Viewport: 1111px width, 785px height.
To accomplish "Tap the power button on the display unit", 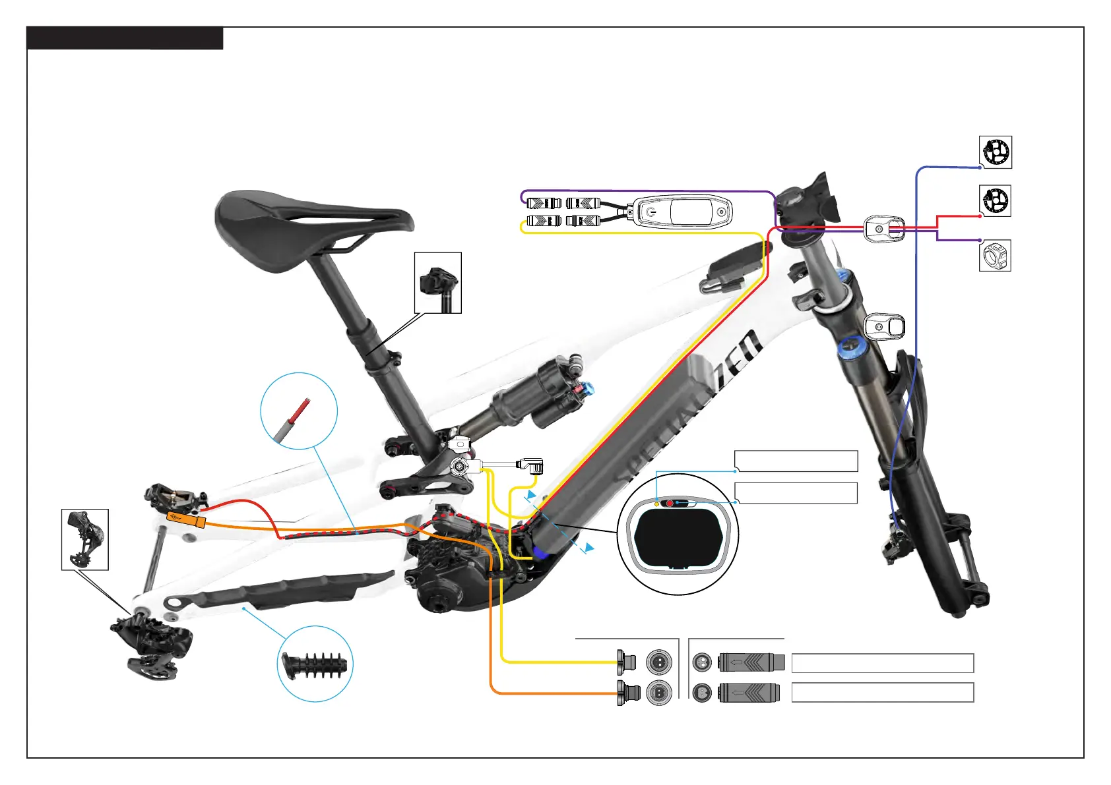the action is [x=651, y=212].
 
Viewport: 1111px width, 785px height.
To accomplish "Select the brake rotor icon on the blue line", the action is [x=995, y=152].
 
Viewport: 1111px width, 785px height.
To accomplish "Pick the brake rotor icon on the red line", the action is [x=995, y=200].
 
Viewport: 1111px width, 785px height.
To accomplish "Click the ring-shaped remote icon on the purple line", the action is [x=995, y=255].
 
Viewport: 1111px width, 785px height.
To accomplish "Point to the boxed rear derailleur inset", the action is [x=84, y=539].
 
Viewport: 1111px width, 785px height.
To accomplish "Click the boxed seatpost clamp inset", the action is [x=437, y=283].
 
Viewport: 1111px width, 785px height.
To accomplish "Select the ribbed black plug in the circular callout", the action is [x=315, y=664].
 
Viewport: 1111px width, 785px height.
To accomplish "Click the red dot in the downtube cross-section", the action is [x=670, y=504].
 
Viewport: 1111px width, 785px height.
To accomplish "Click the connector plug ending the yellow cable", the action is [x=626, y=660].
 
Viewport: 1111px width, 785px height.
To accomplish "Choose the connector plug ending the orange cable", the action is [x=627, y=693].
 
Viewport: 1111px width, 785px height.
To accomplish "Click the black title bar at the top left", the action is [x=124, y=38].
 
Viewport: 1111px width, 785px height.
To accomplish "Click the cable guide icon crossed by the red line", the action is [x=884, y=229].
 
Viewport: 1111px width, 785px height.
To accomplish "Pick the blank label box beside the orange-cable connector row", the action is [x=882, y=693].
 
